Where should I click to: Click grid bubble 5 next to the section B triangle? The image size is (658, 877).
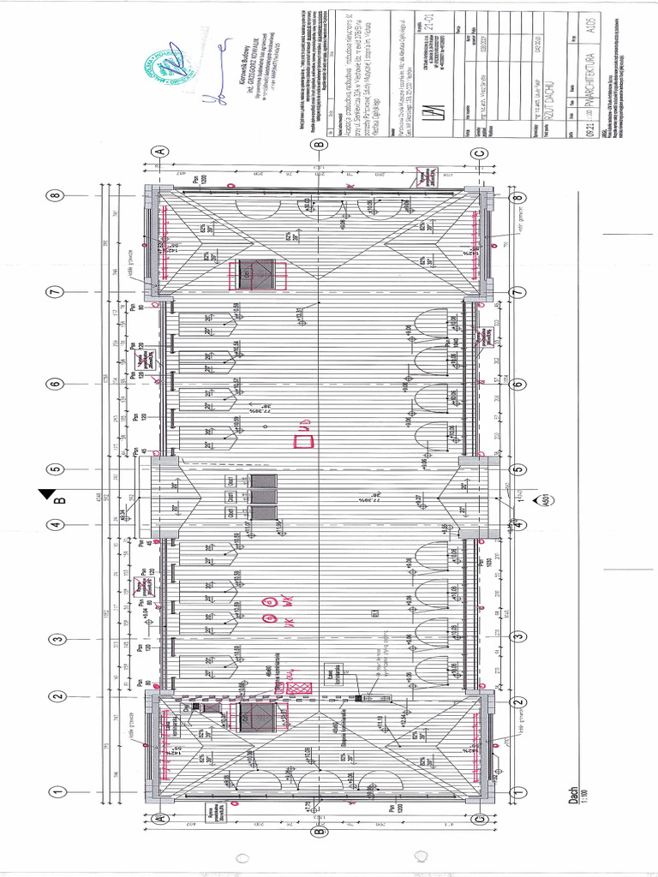[57, 469]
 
